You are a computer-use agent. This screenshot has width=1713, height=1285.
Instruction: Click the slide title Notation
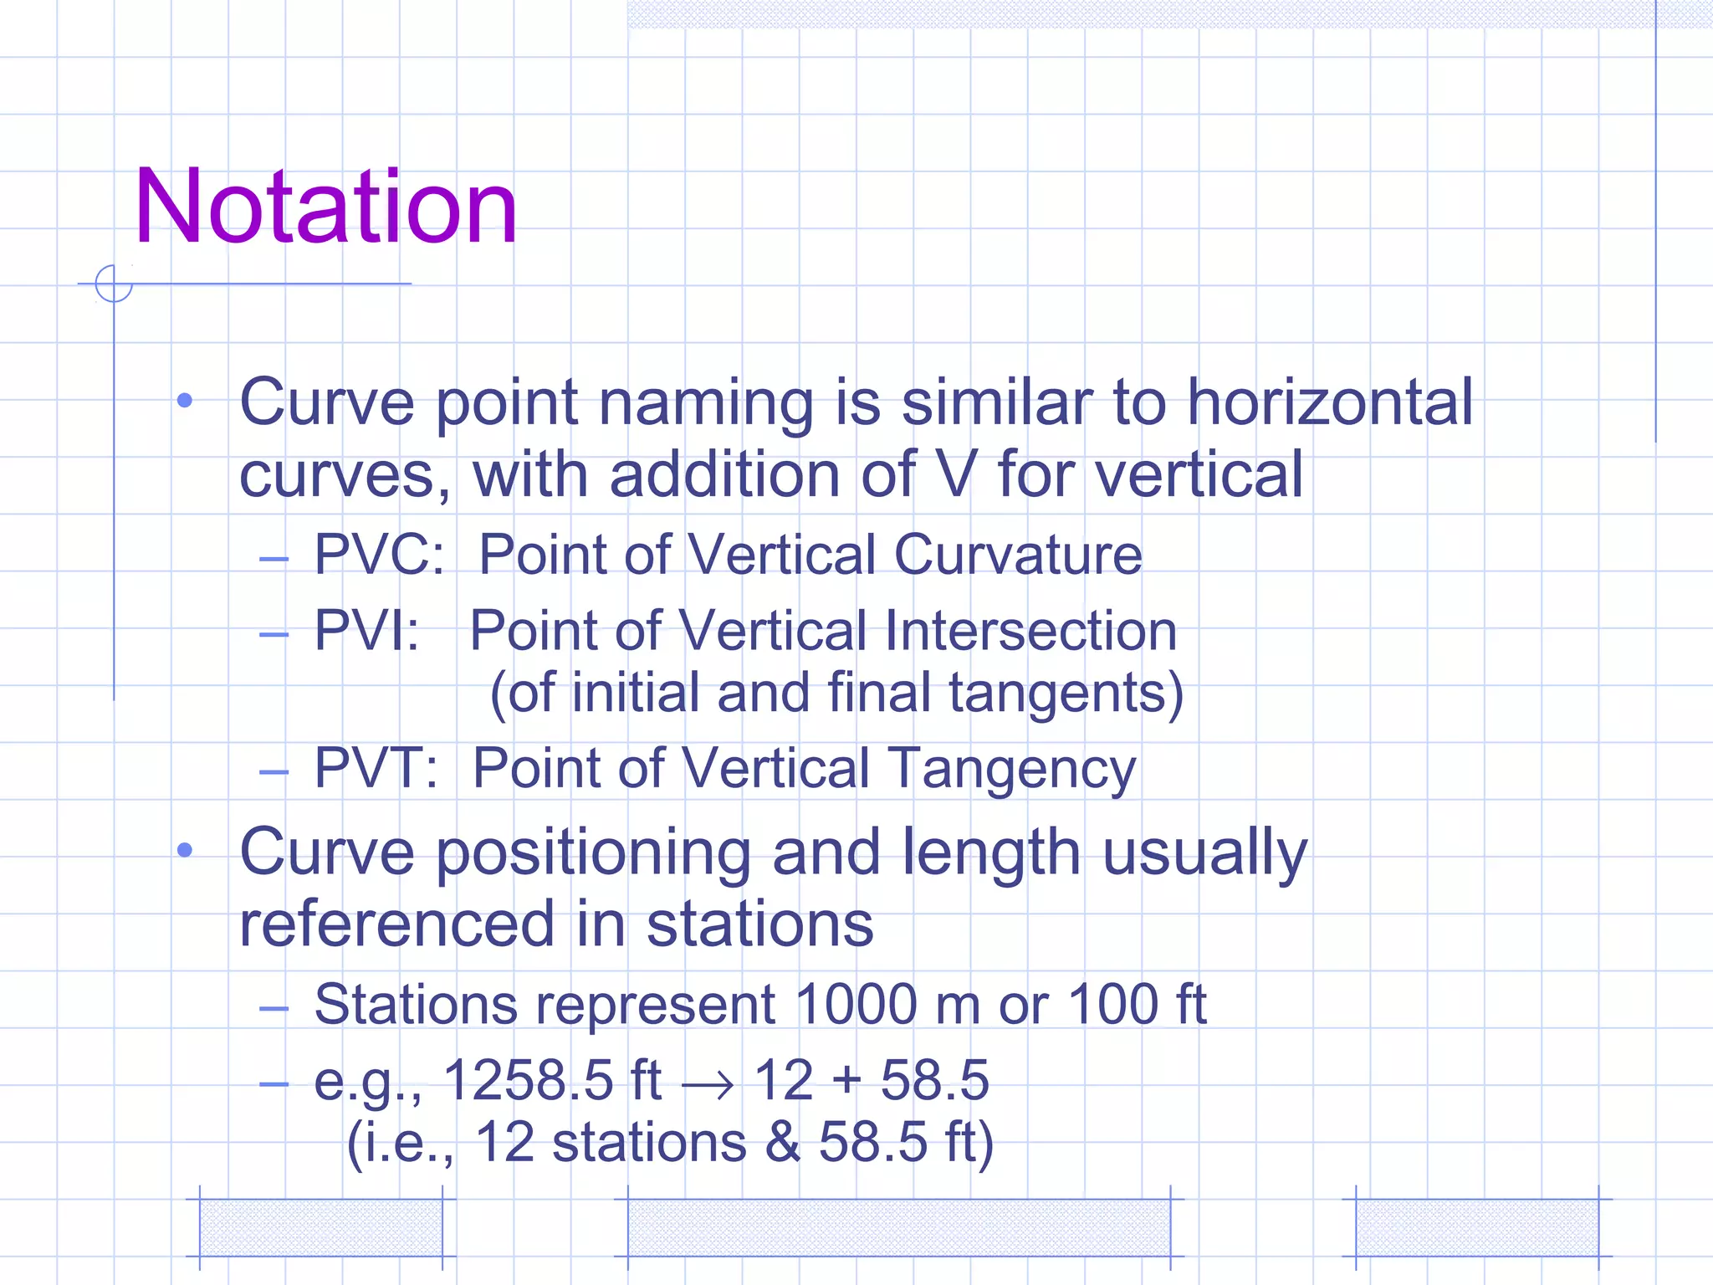tap(325, 207)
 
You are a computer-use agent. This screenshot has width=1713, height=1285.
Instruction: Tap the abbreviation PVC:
tap(379, 555)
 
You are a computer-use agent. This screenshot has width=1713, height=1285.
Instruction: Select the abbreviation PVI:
tap(366, 630)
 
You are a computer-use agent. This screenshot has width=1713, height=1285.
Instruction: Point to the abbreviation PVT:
tap(376, 768)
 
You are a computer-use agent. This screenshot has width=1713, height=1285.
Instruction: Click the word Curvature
tap(1018, 555)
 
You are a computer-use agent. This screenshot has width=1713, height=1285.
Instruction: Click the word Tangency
tap(1011, 768)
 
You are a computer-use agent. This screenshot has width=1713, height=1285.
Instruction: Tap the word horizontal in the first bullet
tap(1330, 402)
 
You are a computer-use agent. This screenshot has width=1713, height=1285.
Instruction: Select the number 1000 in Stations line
tap(856, 1004)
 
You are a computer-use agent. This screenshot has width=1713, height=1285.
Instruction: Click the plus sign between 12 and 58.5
tap(846, 1080)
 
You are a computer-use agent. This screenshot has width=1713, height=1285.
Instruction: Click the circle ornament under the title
tap(114, 284)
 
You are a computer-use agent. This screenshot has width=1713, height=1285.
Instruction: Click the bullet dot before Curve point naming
tap(185, 402)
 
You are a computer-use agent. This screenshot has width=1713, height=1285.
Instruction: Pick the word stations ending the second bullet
tap(759, 924)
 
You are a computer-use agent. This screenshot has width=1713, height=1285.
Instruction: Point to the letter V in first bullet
tap(957, 474)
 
